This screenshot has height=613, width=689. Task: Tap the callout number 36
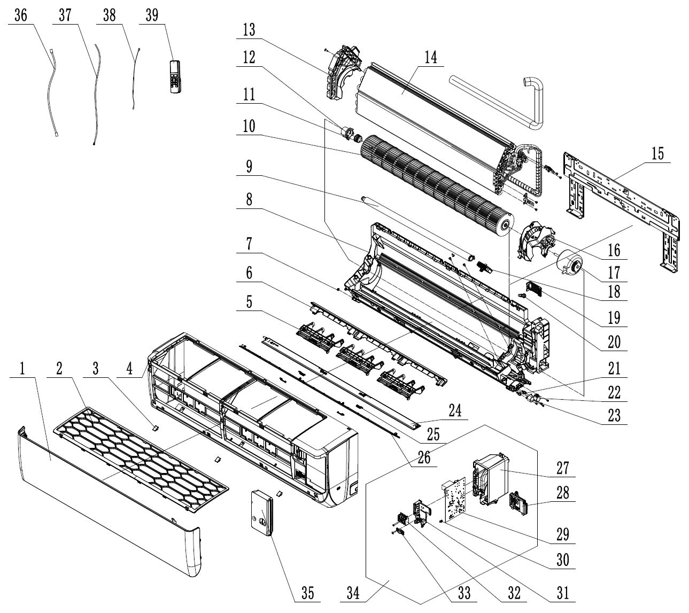(x=21, y=16)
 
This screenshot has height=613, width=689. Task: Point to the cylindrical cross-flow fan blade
(x=433, y=182)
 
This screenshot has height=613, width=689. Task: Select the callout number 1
(x=22, y=368)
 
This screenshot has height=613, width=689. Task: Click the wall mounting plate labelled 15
(x=620, y=200)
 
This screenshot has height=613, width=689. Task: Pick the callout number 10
(x=249, y=127)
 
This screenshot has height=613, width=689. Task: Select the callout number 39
(x=151, y=16)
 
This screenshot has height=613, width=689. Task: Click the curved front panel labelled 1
(x=107, y=497)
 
